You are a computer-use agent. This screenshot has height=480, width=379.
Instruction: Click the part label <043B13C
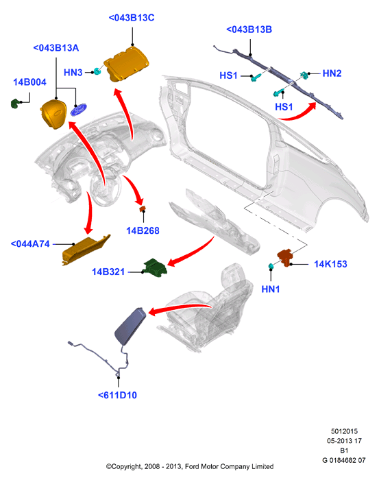click(x=132, y=18)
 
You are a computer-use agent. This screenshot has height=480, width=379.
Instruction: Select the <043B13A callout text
click(x=56, y=48)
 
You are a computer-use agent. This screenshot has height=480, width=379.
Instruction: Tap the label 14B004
click(x=29, y=82)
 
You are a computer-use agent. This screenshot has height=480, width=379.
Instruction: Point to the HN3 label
click(x=73, y=73)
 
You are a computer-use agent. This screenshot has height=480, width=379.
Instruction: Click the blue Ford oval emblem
click(x=79, y=110)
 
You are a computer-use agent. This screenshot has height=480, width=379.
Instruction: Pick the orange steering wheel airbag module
click(x=54, y=114)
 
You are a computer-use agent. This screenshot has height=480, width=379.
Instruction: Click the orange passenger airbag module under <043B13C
click(x=126, y=64)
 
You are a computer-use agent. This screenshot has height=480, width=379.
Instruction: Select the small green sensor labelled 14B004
click(x=15, y=104)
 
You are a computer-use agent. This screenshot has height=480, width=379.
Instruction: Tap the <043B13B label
click(x=249, y=29)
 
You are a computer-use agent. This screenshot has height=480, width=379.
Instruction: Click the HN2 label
click(x=332, y=73)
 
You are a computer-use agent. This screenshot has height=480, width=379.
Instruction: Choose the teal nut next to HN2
click(x=304, y=75)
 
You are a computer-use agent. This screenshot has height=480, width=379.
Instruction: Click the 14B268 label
click(x=143, y=230)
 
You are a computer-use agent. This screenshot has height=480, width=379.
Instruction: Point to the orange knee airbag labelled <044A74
click(x=86, y=250)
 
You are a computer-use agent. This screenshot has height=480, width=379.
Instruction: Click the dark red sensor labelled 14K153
click(x=285, y=257)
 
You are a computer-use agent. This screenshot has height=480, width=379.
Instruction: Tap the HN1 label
click(x=271, y=289)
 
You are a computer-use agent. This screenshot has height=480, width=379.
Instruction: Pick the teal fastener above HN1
click(x=271, y=266)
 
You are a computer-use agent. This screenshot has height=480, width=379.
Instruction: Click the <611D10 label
click(x=117, y=395)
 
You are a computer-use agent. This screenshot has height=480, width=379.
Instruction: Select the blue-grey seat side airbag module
click(x=131, y=326)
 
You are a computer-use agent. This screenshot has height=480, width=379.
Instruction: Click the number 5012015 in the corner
click(x=344, y=431)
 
